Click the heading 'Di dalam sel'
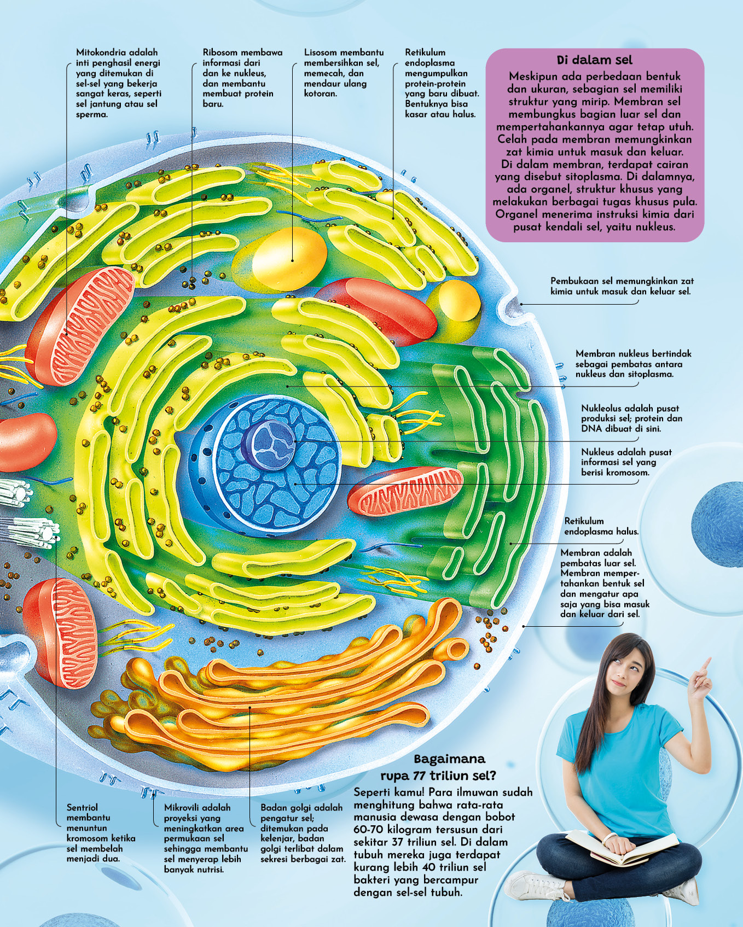(x=594, y=60)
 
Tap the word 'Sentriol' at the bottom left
(x=83, y=807)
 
